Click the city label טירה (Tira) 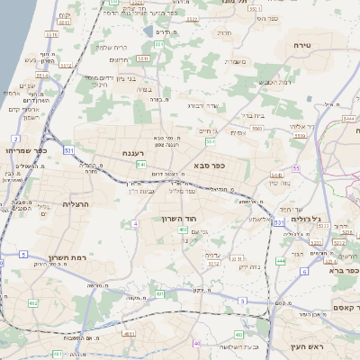(x=301, y=43)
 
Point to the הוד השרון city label (x=178, y=219)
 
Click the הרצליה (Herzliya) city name (x=40, y=204)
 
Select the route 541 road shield (x=141, y=165)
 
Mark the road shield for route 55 (x=295, y=168)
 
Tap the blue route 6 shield (x=305, y=270)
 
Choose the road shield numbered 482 (x=33, y=303)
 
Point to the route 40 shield (x=196, y=343)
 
